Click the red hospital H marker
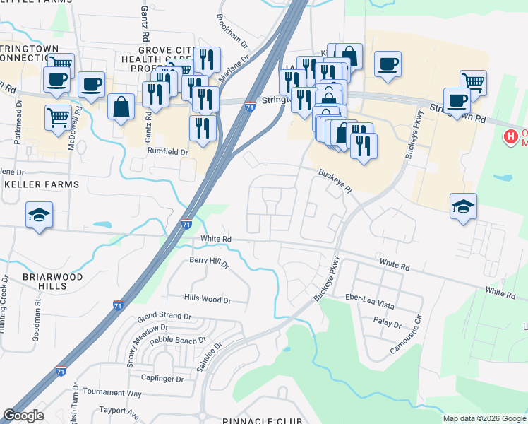tap(508, 136)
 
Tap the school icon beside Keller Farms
tap(40, 215)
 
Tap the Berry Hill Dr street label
tap(209, 262)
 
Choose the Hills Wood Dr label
tap(208, 300)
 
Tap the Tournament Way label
tap(112, 392)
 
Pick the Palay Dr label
tap(388, 326)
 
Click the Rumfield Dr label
tap(168, 152)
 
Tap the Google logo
tap(23, 416)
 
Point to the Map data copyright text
tap(484, 418)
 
